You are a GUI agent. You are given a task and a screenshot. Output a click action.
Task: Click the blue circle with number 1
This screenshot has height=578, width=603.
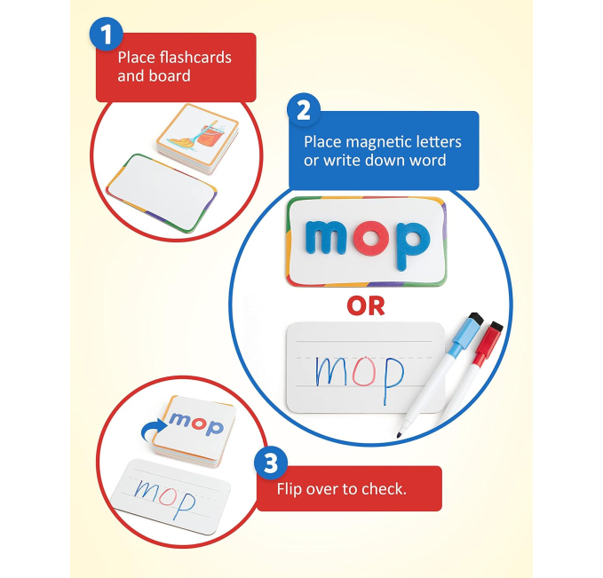(x=107, y=34)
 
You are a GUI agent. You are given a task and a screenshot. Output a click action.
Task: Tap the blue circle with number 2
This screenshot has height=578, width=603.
(x=304, y=109)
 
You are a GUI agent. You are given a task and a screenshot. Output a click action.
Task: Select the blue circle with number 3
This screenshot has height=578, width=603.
(x=271, y=463)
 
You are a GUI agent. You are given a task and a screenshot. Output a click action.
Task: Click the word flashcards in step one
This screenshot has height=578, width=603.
(x=195, y=58)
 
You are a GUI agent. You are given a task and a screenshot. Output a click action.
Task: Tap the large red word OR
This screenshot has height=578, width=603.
(x=365, y=306)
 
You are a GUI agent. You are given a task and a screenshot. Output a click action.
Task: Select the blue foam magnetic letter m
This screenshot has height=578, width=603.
(x=329, y=236)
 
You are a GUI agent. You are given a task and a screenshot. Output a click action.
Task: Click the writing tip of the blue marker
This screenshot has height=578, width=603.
(x=399, y=434)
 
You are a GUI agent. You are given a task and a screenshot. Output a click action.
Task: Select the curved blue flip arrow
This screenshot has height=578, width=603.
(x=152, y=430)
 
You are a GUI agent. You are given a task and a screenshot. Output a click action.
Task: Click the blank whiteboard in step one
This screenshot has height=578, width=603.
(x=162, y=193)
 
